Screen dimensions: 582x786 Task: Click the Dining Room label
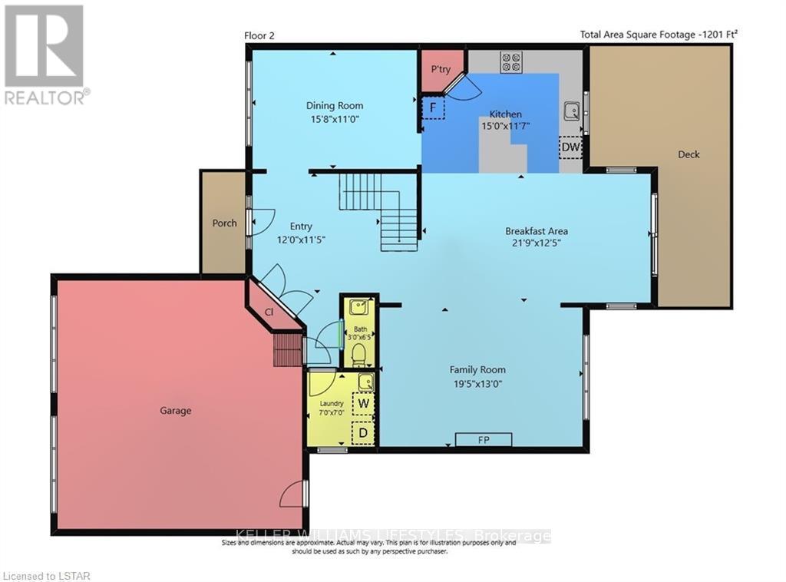[x=334, y=106]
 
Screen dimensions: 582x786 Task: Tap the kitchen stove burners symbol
[x=510, y=62]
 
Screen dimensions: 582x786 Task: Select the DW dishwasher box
[x=570, y=147]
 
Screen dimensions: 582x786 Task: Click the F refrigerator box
[x=433, y=108]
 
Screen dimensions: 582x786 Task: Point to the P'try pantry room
[x=441, y=70]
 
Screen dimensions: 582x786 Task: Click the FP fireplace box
[x=484, y=439]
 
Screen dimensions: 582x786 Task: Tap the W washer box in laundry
[x=362, y=402]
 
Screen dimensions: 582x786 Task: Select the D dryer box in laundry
[x=362, y=433]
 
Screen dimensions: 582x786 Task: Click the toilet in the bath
[x=358, y=355]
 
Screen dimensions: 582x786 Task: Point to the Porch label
[x=224, y=223]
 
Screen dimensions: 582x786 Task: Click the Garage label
[x=175, y=411]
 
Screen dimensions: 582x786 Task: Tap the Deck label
[x=689, y=154]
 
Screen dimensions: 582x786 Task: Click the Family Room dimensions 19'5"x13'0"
[x=477, y=383]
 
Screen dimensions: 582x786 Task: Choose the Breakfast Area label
[x=536, y=230]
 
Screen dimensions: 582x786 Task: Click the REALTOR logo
[x=45, y=54]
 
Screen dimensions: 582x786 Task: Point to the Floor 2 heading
[x=259, y=35]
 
